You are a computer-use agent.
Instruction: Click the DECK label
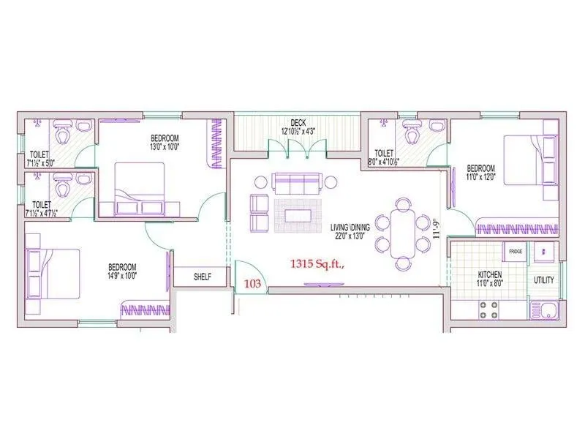tap(298, 123)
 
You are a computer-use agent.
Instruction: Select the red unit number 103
tap(252, 282)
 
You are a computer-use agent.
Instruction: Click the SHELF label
tap(203, 277)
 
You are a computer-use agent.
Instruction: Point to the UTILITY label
tap(544, 280)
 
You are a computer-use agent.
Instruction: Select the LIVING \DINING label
tap(350, 228)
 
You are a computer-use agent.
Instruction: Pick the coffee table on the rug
tap(297, 215)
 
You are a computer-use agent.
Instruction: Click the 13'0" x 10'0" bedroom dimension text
tap(165, 146)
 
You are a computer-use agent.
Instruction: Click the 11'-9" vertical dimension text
tap(437, 228)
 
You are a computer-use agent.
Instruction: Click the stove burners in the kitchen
tap(488, 309)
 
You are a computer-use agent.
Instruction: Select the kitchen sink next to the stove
tap(545, 309)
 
